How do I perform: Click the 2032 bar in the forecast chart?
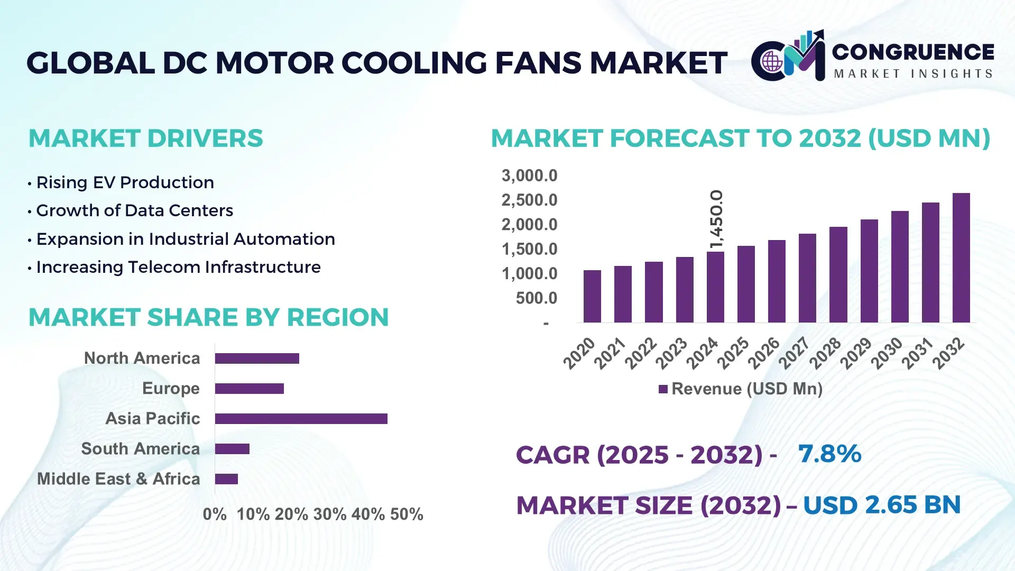point(961,258)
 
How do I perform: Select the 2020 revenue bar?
point(592,296)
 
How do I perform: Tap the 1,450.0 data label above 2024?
point(716,219)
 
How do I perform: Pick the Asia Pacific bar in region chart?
point(301,419)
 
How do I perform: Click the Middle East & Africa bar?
point(226,479)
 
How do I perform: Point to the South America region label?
point(140,448)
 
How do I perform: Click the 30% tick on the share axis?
point(329,514)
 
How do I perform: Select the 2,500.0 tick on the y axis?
point(529,200)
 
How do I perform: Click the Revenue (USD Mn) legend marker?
point(663,389)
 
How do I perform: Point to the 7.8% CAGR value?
point(829,454)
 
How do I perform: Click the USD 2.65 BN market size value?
point(881,505)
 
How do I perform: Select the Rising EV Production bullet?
point(125,182)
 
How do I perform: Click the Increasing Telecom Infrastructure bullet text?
point(178,267)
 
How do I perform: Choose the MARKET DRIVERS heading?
point(145,139)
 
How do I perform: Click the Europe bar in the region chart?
point(249,389)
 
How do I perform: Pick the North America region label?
point(142,358)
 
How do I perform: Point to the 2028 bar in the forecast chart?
point(838,275)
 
